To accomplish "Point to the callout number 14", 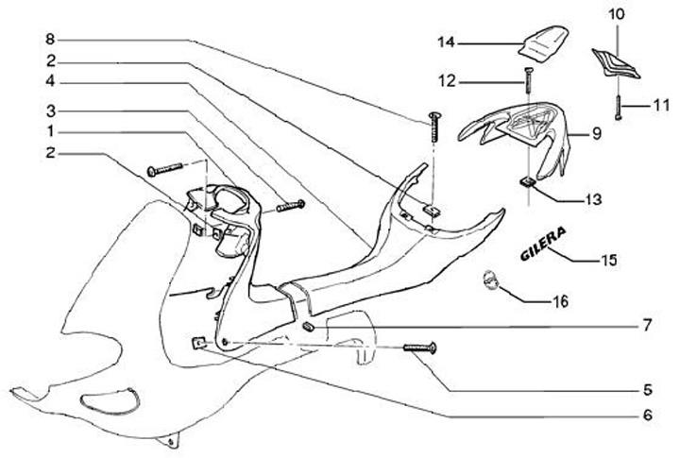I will click(x=447, y=42).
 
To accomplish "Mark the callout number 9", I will click(x=597, y=135).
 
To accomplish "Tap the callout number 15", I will click(x=612, y=259).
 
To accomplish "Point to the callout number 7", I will click(x=647, y=326).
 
